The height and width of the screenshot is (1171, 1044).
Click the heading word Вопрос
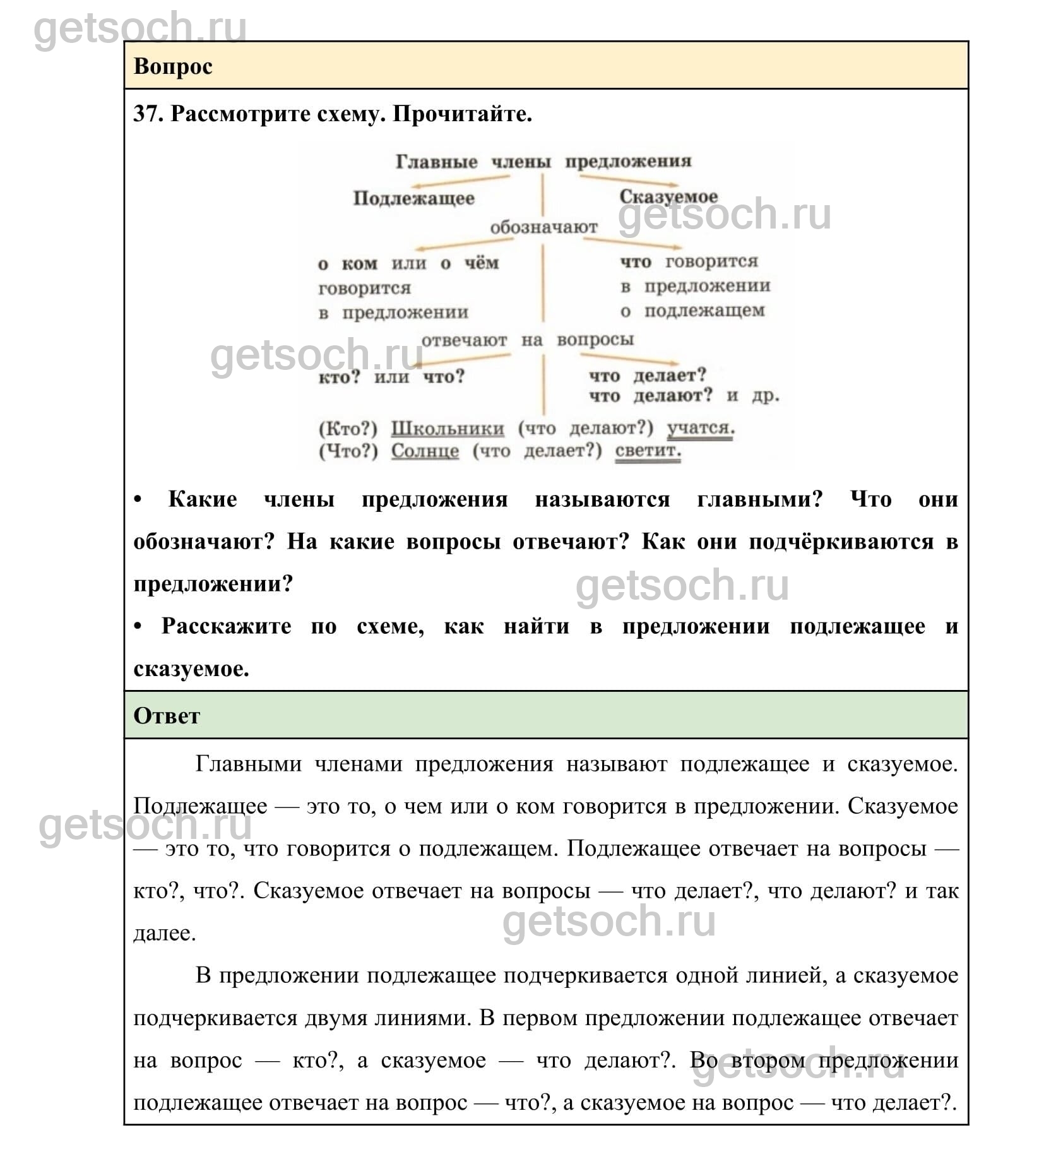click(172, 66)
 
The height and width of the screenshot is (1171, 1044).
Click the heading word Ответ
click(166, 716)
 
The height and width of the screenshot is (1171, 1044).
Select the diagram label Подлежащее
click(413, 198)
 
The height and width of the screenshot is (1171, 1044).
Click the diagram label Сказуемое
click(668, 196)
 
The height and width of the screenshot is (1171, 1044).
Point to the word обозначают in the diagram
click(543, 227)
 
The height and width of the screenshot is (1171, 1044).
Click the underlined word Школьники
click(448, 429)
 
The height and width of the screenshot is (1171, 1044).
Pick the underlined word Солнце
click(425, 451)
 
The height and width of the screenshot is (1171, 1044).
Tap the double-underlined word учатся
click(700, 428)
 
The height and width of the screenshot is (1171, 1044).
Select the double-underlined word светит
click(648, 451)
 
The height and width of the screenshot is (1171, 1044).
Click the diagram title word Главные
click(436, 162)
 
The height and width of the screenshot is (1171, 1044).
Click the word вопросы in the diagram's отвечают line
click(595, 340)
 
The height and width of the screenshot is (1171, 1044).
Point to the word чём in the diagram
click(482, 263)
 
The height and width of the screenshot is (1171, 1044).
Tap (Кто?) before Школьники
click(348, 429)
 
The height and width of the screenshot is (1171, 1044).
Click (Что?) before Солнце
click(348, 451)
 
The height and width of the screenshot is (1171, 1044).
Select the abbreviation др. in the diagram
click(766, 396)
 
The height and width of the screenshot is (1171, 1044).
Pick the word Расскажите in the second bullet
click(226, 626)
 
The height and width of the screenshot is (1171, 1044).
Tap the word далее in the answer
click(163, 933)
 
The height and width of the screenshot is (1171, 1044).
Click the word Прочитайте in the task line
click(462, 114)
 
